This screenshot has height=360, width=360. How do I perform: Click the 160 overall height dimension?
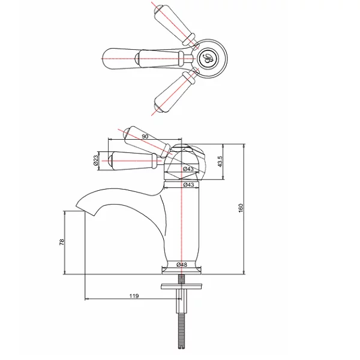241,208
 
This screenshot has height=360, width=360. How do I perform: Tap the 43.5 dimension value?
220,161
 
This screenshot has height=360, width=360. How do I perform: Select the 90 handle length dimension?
145,136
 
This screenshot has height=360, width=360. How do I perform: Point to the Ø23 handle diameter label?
96,160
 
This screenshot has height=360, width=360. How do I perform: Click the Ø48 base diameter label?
182,265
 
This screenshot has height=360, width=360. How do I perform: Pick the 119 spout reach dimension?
134,296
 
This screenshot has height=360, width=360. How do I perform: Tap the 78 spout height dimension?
62,242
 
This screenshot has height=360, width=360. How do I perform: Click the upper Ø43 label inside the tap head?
188,169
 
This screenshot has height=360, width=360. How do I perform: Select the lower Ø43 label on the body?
188,184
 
